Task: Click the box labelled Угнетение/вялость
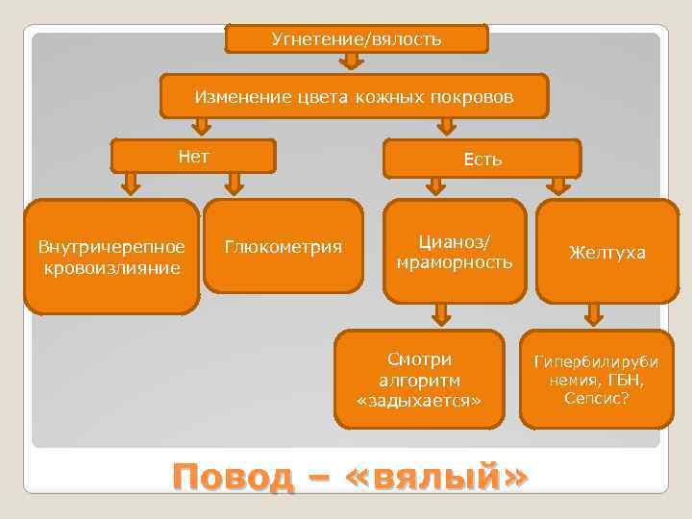[357, 39]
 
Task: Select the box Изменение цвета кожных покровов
[354, 97]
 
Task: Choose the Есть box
[482, 160]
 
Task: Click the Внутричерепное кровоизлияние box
[111, 257]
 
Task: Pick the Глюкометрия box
[284, 247]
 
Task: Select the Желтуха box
[606, 253]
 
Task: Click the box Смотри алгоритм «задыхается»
[419, 379]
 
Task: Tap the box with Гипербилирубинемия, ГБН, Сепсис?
[597, 379]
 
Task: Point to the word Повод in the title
[232, 477]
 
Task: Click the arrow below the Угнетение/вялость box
[352, 62]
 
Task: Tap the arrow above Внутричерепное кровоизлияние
[132, 184]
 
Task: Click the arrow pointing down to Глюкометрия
[234, 184]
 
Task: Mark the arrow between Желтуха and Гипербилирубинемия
[594, 313]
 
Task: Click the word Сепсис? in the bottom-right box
[597, 397]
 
